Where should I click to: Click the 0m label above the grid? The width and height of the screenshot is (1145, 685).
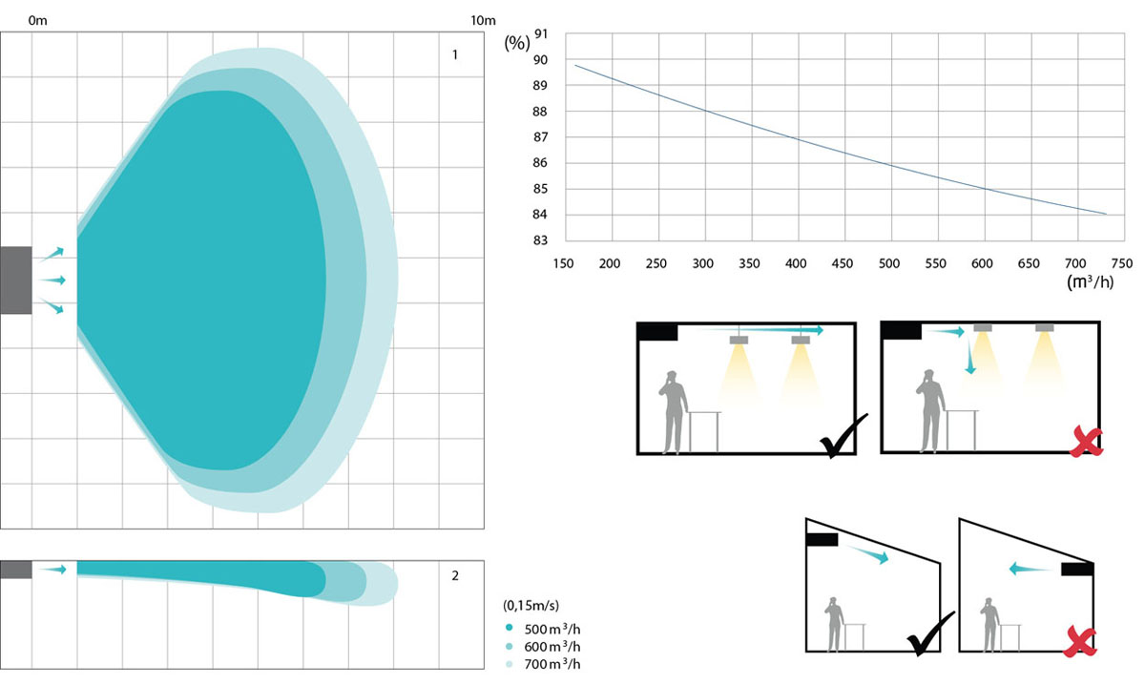pos(38,20)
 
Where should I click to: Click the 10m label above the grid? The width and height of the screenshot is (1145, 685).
pos(483,20)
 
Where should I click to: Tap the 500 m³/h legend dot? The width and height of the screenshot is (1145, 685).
pos(510,628)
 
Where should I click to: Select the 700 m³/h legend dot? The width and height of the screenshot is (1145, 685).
pos(510,663)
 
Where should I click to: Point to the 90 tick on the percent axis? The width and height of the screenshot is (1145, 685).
pos(540,60)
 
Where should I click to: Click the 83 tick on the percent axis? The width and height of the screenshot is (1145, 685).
pos(540,240)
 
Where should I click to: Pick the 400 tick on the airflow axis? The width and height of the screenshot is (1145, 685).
pos(796,263)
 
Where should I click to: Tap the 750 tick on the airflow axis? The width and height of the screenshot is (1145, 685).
pos(1122,263)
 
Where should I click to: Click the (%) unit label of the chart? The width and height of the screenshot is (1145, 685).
pos(517,43)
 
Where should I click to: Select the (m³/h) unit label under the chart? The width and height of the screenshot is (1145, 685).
pos(1090,281)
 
